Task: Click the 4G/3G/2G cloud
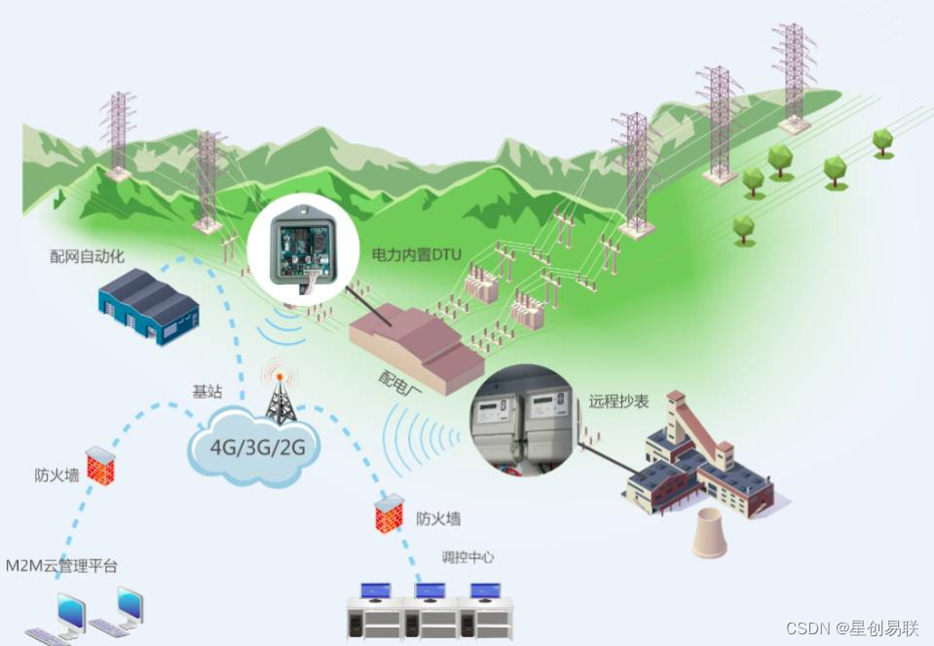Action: tap(256, 449)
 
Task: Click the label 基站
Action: tap(206, 392)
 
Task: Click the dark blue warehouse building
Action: tap(148, 305)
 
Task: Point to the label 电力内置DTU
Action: tap(417, 254)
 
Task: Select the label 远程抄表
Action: tap(618, 400)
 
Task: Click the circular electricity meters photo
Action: tap(527, 422)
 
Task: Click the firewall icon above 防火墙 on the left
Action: tap(100, 466)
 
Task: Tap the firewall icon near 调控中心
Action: tap(388, 513)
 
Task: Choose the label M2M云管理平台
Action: tap(62, 566)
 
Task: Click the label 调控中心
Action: tap(467, 557)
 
